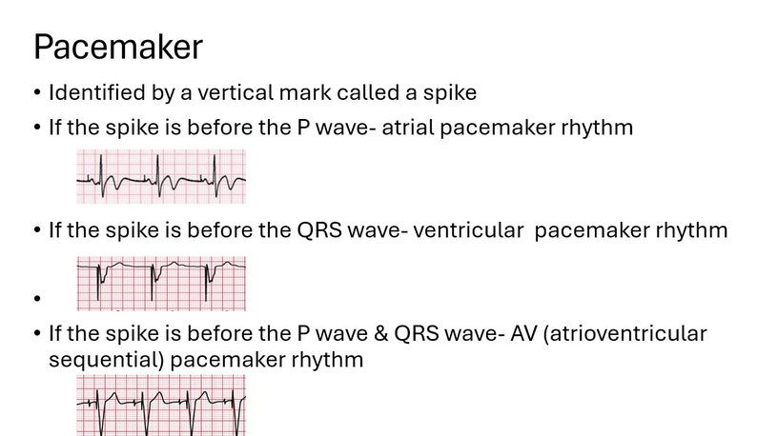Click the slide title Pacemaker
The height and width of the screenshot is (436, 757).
click(117, 48)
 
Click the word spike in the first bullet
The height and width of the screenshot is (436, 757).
click(452, 93)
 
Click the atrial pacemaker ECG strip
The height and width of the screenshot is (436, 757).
click(161, 176)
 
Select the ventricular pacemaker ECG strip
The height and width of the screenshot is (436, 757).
click(161, 283)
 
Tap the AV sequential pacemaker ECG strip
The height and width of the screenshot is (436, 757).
click(161, 405)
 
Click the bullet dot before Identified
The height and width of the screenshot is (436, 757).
click(36, 94)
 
